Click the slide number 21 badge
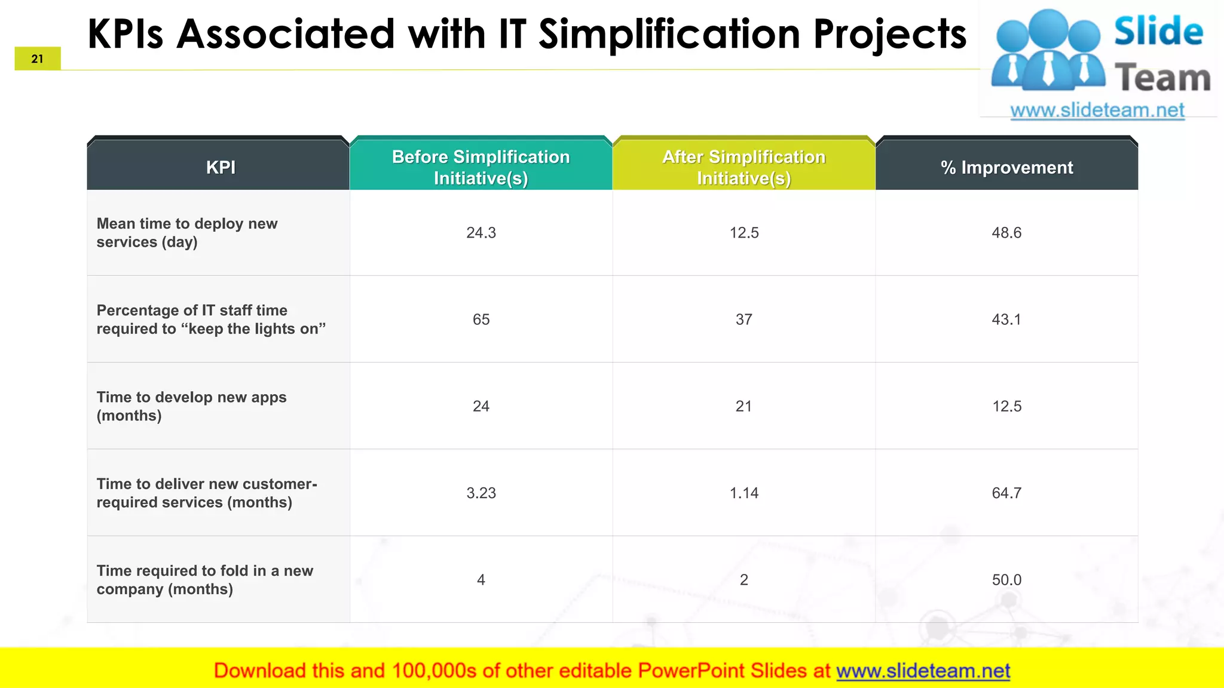(38, 59)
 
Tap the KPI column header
(221, 167)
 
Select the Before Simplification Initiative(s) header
(481, 167)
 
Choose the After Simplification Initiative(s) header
(743, 167)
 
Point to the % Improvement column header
(1006, 168)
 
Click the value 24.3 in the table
(481, 233)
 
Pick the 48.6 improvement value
(1006, 233)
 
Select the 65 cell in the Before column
(481, 320)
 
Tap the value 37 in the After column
(743, 320)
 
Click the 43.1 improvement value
(1006, 320)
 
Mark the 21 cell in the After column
(743, 406)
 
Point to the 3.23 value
(481, 493)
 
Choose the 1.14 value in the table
(743, 493)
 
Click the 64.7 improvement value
(1006, 493)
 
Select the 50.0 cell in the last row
(1006, 580)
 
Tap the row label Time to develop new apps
(191, 406)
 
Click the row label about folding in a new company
(204, 580)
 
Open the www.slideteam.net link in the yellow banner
(923, 671)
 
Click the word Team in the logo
(1162, 78)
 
